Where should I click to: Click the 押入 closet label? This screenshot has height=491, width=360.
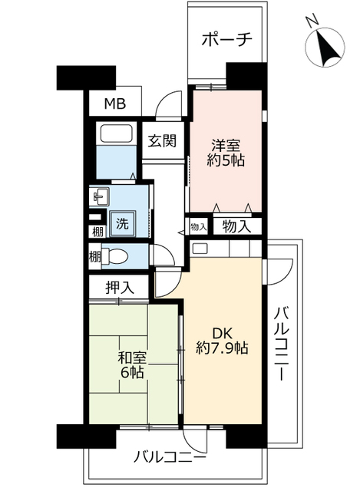tap(121, 288)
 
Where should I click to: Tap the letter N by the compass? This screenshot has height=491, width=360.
tap(309, 21)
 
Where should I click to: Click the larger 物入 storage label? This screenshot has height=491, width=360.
tap(236, 226)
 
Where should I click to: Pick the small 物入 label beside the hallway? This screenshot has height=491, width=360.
tap(198, 227)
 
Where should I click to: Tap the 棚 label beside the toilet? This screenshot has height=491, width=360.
tap(94, 255)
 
